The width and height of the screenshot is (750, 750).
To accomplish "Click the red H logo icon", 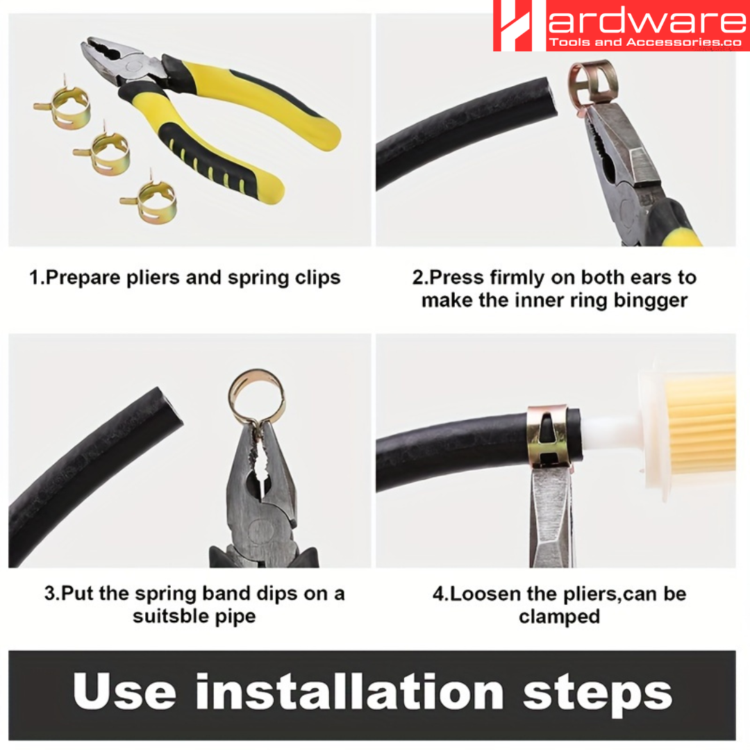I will pos(519,26).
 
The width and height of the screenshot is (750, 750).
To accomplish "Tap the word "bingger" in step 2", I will pos(647,301).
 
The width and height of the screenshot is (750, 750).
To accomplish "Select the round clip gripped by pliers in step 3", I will pos(256,397).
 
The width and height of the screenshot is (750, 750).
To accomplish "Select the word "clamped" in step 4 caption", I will pos(559,616).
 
